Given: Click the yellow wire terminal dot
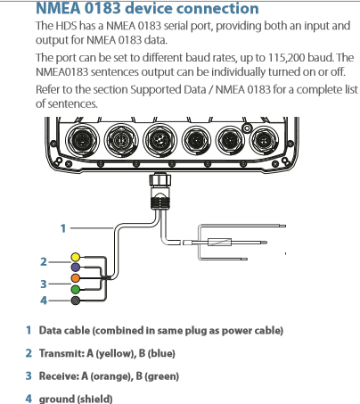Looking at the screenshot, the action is click(76, 257).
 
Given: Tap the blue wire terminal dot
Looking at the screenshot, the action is click(76, 268).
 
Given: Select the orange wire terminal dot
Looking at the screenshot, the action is click(76, 278).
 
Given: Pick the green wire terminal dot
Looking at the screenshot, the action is click(76, 289).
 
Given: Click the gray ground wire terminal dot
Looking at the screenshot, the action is click(76, 301).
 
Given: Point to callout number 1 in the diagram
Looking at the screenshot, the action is click(63, 228).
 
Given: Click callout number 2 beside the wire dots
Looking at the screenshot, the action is click(44, 262).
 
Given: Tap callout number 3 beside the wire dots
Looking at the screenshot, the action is click(44, 284).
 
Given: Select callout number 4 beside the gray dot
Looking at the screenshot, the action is click(44, 301).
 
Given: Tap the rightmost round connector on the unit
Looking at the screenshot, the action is click(264, 140).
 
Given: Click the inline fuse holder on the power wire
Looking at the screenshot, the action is click(219, 243).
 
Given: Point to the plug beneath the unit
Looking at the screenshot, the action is click(160, 191).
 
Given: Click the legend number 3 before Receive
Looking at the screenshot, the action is click(29, 375).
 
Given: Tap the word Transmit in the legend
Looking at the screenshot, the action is click(61, 353).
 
